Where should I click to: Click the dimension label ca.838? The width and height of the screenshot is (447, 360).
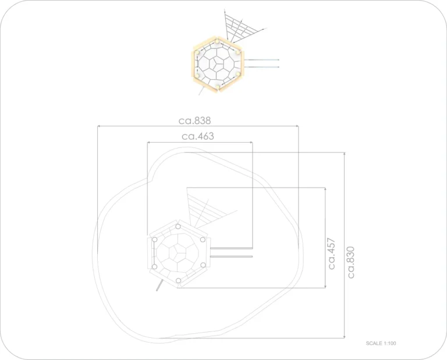click(x=195, y=121)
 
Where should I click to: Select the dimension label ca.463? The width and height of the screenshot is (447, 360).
click(x=198, y=136)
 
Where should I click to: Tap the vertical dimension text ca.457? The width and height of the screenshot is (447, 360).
click(x=332, y=253)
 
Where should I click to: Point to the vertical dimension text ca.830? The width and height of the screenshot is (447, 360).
click(x=351, y=263)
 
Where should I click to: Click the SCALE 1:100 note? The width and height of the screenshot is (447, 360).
click(x=381, y=343)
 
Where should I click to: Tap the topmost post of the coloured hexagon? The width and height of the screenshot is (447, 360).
click(x=217, y=42)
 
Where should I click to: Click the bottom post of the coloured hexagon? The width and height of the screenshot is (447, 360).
click(x=218, y=86)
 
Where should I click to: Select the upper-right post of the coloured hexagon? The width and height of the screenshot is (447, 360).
click(x=238, y=52)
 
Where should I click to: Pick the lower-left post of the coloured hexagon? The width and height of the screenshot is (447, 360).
click(x=197, y=76)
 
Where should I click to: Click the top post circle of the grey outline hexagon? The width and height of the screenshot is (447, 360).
click(x=178, y=227)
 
